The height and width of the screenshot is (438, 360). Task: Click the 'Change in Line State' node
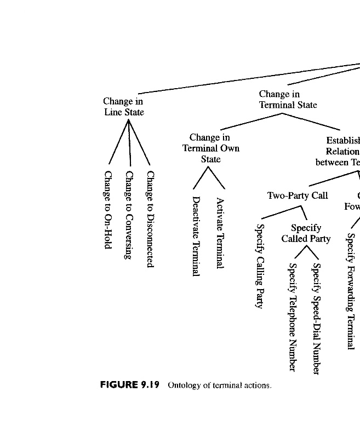(123, 107)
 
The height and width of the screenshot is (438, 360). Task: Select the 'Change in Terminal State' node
(288, 100)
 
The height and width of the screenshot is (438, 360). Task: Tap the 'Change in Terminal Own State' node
(210, 148)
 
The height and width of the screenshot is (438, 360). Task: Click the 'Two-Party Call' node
(297, 195)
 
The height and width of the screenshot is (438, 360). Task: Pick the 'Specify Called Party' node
(306, 233)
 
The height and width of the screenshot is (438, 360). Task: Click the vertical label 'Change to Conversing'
(129, 215)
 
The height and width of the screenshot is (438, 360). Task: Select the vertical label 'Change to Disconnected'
(150, 219)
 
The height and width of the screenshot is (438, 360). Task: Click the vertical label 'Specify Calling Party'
(260, 267)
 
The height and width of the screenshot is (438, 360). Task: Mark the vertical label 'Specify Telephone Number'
(293, 316)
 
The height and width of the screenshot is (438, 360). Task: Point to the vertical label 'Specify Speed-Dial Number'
(316, 319)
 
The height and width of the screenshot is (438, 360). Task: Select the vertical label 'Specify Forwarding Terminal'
(350, 291)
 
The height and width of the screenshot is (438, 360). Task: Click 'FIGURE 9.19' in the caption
(129, 385)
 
